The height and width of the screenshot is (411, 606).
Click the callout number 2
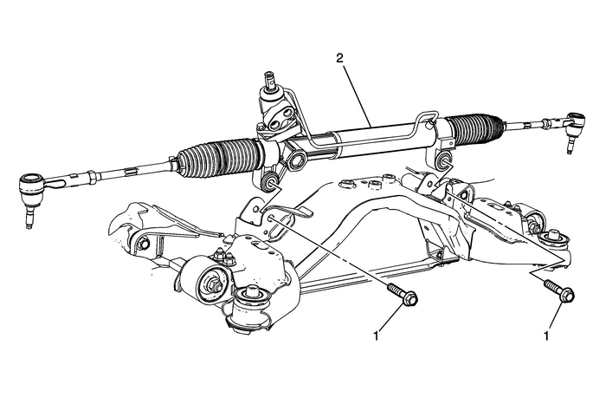pos(340,59)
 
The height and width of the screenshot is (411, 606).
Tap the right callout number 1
pos(547,333)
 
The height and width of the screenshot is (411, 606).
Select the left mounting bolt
pos(400,295)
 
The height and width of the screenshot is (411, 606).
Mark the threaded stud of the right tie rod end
pos(571,147)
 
